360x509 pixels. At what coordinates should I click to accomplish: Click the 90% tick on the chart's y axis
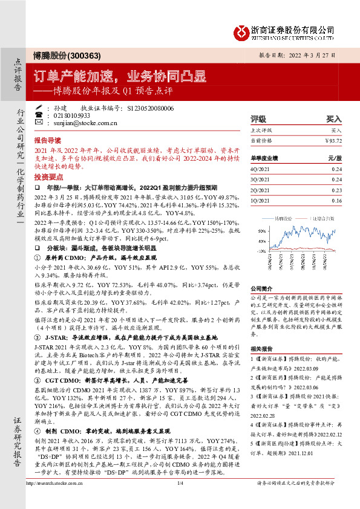(x=261, y=230)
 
